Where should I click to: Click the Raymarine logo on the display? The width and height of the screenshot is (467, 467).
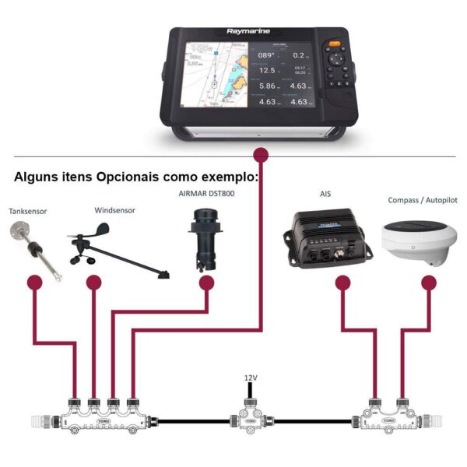pyautogui.click(x=248, y=32)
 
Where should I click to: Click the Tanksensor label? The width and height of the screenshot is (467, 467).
pyautogui.click(x=28, y=211)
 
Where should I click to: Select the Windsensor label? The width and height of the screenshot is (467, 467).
pyautogui.click(x=114, y=209)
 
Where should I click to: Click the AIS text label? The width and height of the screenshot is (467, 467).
pyautogui.click(x=325, y=193)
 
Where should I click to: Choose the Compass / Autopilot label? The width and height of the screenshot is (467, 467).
pyautogui.click(x=422, y=200)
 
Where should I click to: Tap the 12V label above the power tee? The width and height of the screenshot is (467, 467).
pyautogui.click(x=250, y=377)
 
